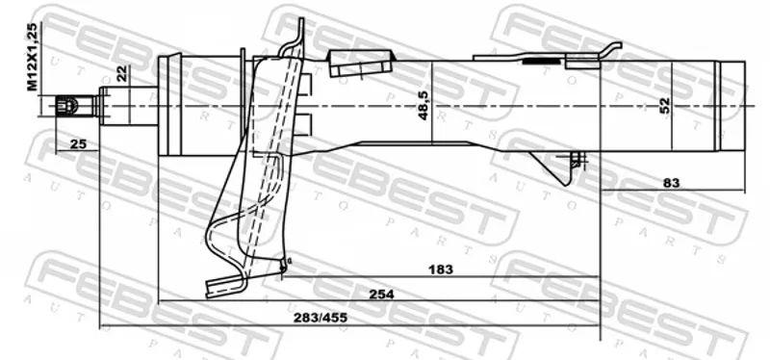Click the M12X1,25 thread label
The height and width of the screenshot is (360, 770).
32,57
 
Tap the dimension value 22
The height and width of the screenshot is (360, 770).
122,74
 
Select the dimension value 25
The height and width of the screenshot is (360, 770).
78,143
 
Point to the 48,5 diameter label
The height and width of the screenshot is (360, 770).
423,108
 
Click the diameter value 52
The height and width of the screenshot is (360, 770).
664,106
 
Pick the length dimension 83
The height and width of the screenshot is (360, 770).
671,183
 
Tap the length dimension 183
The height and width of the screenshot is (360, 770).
441,270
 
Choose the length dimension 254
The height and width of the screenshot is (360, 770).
381,294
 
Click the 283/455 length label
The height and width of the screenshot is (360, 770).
321,318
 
